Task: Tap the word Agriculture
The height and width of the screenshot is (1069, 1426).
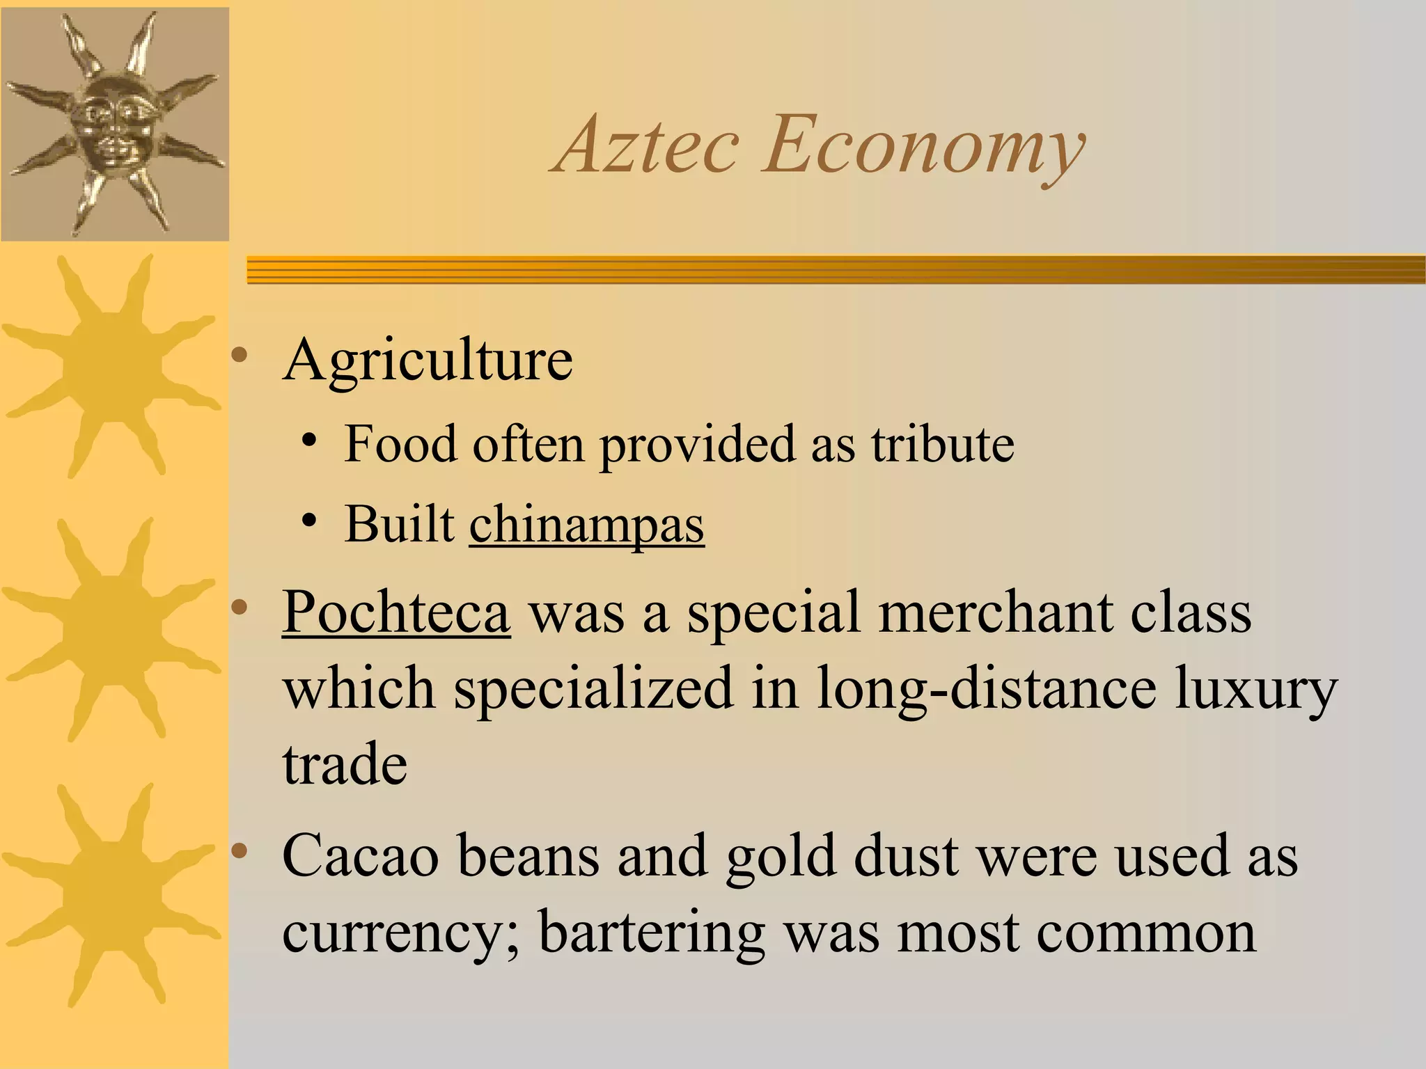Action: pos(428,361)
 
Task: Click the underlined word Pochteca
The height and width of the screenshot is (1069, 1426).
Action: pos(396,612)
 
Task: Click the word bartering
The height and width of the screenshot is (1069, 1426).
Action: pos(652,934)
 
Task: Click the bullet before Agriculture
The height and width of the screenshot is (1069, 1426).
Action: pos(240,356)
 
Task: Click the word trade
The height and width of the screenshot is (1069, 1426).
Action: pos(345,764)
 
